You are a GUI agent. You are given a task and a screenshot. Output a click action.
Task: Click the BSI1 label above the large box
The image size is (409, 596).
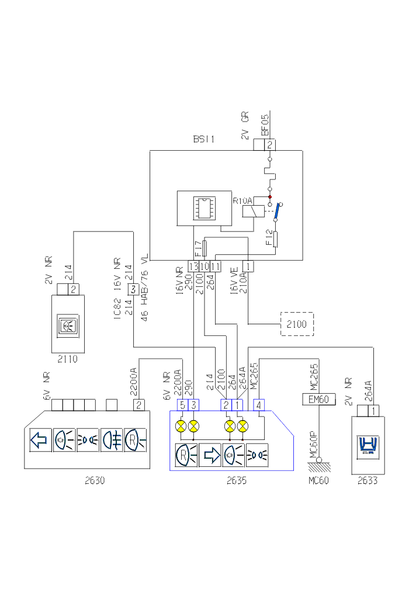point(204,140)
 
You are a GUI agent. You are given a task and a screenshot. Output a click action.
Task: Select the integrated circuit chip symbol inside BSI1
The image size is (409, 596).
point(205,207)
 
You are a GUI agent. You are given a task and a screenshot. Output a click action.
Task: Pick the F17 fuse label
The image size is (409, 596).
point(198,249)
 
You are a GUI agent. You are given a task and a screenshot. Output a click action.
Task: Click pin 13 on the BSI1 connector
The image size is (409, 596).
point(193,266)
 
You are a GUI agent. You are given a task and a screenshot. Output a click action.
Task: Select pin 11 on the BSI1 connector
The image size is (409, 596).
point(215,266)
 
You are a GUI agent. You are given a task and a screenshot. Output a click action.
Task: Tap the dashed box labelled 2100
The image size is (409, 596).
point(297,324)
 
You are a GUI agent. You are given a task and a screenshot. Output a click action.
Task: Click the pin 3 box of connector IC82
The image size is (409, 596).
point(133,289)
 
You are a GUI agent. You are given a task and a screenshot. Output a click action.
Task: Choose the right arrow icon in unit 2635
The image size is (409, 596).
point(210,455)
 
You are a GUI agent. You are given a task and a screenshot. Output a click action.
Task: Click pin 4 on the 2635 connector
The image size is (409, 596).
point(258,404)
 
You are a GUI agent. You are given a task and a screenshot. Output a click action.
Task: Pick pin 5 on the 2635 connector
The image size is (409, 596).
point(182,404)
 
